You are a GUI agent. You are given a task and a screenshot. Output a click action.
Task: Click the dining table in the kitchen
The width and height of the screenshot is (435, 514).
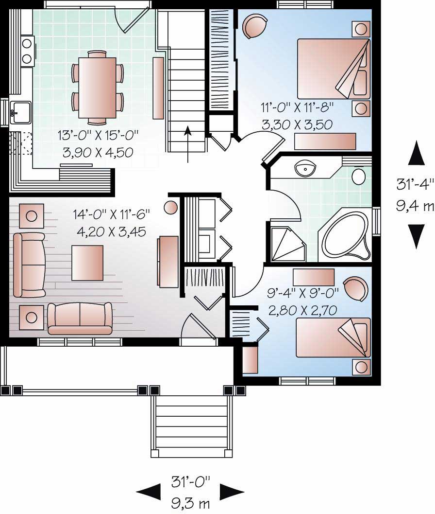[97, 88]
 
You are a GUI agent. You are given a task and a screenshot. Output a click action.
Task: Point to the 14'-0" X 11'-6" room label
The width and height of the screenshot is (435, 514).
[111, 214]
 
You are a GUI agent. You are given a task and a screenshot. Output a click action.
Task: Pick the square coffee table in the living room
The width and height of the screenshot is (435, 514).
[87, 263]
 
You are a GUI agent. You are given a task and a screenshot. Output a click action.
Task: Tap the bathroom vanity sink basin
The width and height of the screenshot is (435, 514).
[305, 169]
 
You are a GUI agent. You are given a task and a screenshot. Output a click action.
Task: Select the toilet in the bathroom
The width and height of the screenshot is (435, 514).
[359, 176]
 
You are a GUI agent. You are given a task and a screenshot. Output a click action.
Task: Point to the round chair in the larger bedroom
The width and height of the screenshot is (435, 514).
[254, 26]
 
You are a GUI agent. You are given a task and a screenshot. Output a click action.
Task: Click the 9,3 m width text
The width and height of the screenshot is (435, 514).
[190, 503]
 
